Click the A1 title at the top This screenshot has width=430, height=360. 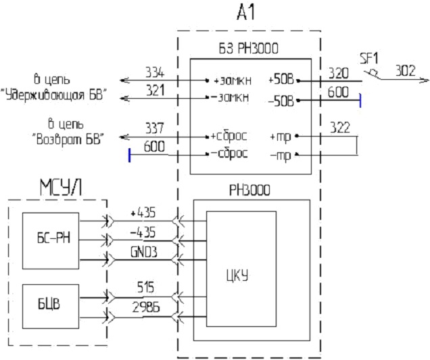click(x=246, y=13)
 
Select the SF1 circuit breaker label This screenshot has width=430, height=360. click(x=369, y=59)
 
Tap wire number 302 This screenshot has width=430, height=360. click(x=405, y=71)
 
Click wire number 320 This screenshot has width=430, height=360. click(x=339, y=73)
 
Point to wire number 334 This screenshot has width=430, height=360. click(x=155, y=72)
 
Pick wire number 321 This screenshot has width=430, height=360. click(x=156, y=90)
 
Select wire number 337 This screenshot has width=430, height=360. click(x=154, y=128)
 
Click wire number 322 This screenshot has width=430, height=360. click(x=340, y=128)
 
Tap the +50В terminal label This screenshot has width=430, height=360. click(x=281, y=80)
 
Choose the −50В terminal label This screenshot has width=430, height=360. click(x=281, y=102)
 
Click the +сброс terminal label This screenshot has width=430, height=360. click(x=229, y=136)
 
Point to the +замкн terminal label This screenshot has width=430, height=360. click(x=233, y=81)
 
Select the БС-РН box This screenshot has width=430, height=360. click(x=51, y=241)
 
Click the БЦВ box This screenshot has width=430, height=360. click(x=51, y=307)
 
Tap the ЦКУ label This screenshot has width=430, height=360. click(x=237, y=276)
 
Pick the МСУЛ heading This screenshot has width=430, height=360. click(x=61, y=187)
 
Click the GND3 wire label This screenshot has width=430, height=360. click(x=144, y=252)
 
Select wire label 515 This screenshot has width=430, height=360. click(x=145, y=288)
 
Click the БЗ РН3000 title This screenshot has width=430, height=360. click(x=248, y=49)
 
